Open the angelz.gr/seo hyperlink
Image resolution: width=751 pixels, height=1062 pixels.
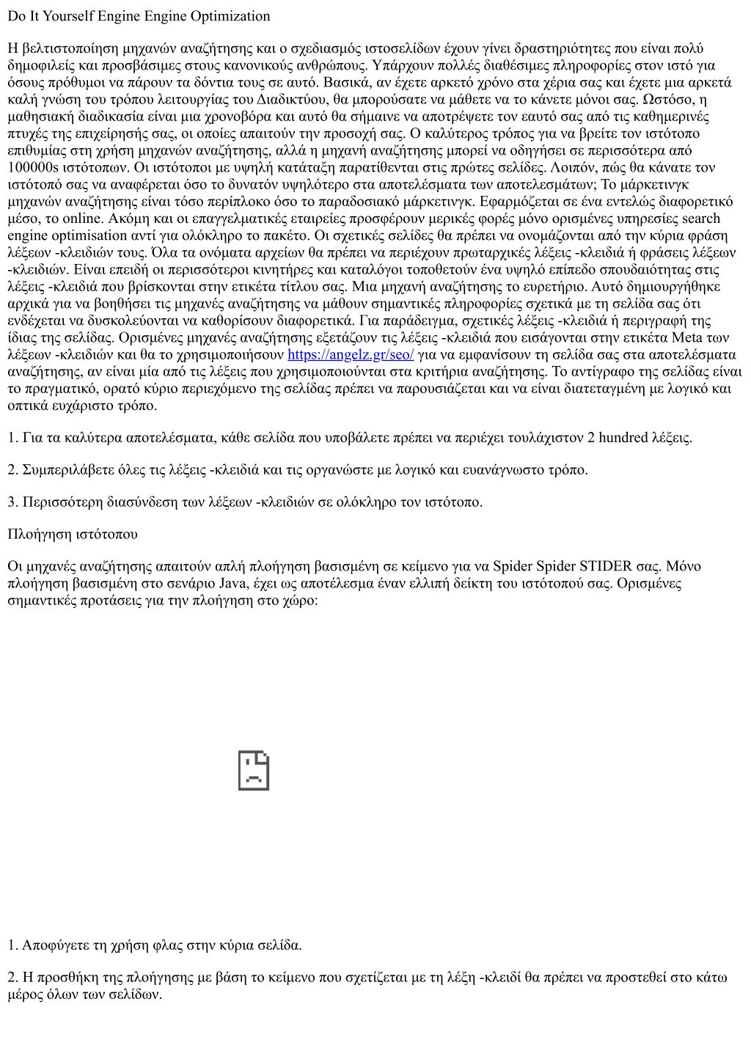[x=351, y=355]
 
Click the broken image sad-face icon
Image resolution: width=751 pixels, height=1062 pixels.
[x=254, y=771]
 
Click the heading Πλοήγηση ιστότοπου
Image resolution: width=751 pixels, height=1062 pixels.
[x=73, y=534]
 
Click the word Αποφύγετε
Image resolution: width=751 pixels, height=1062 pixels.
[x=56, y=945]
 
